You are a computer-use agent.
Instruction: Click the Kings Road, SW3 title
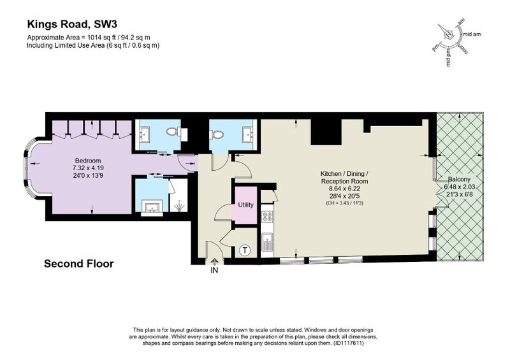coord(72,24)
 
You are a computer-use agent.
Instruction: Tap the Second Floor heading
coord(79,263)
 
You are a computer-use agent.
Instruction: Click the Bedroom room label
coord(88,161)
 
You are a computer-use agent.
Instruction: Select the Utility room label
coord(245,205)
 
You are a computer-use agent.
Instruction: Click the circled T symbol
coord(245,250)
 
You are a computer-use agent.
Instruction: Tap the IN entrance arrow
coord(214,261)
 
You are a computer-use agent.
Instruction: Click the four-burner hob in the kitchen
coord(267,217)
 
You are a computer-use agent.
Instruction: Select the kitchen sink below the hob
coord(267,242)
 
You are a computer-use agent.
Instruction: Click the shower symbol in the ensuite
coord(178,206)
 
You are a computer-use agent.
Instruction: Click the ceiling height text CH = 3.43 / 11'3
coord(344,203)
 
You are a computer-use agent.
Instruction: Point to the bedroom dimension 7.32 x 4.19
coord(88,168)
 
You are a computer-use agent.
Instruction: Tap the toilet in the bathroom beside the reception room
coord(217,134)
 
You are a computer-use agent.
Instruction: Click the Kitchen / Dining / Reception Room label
coord(344,177)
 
